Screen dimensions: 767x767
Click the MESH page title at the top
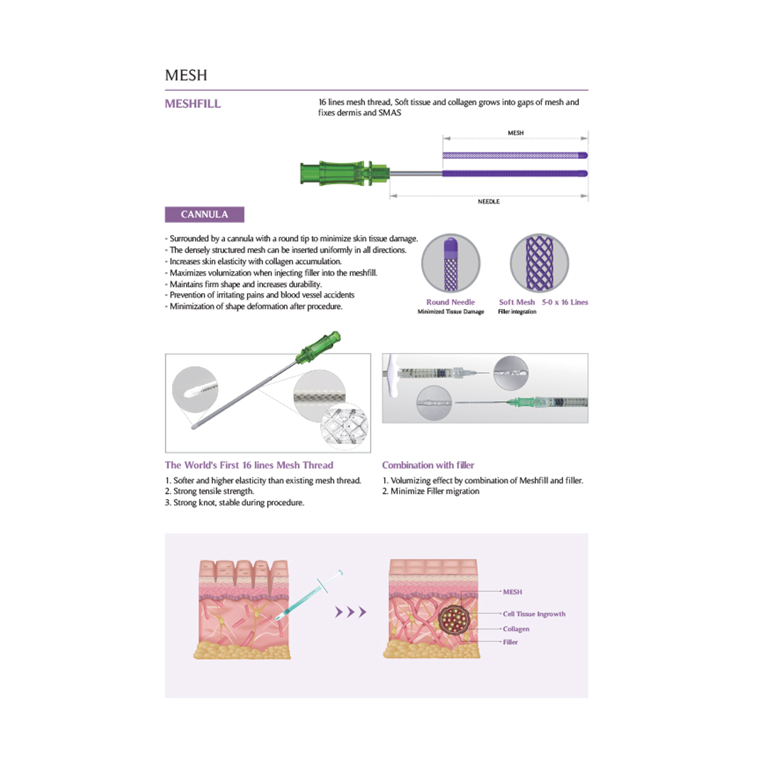point(185,75)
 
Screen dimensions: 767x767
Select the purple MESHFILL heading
point(192,104)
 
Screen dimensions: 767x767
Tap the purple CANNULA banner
point(205,214)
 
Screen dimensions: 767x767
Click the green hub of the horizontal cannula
point(345,173)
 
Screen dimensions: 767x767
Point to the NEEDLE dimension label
point(489,202)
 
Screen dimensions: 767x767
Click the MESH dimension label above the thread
point(516,133)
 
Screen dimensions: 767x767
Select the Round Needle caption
point(450,302)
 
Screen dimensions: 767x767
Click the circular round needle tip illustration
point(451,263)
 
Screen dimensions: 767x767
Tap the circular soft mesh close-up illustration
point(539,263)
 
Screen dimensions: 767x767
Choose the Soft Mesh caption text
point(517,302)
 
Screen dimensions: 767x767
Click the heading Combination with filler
point(428,465)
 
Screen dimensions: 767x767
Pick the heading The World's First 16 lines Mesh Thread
point(249,465)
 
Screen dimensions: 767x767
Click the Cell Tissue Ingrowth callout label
point(534,614)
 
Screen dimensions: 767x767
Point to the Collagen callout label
point(516,629)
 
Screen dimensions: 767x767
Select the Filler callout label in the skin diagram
point(510,642)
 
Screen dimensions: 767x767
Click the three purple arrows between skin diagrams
point(352,612)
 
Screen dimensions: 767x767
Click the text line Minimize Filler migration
point(431,491)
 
